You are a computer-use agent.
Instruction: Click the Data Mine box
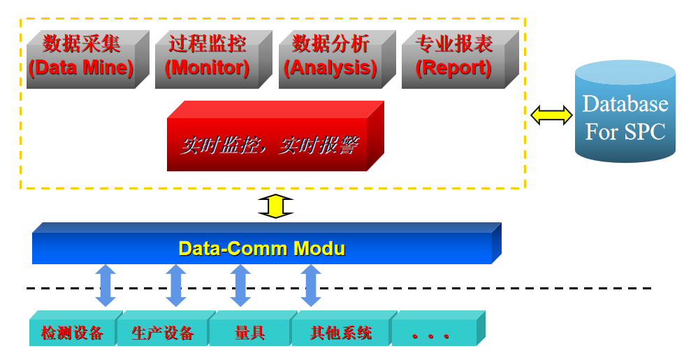(87, 59)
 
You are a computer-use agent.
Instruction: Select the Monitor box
(213, 59)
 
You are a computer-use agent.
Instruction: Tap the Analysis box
(337, 59)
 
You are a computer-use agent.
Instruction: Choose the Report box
(460, 59)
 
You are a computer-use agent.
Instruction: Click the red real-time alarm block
(275, 136)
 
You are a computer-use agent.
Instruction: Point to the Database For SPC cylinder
(625, 111)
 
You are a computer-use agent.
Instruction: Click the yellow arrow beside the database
(551, 115)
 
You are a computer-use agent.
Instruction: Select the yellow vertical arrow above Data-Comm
(275, 206)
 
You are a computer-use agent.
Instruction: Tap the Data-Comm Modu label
(262, 249)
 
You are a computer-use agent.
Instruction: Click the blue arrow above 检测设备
(106, 285)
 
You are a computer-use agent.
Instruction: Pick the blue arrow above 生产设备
(176, 285)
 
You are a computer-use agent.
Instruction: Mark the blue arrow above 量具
(240, 285)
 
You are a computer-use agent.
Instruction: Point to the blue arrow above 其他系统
(311, 285)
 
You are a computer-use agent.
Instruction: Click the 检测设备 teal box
(75, 329)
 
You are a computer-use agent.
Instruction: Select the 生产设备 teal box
(166, 329)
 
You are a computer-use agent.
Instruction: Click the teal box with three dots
(439, 329)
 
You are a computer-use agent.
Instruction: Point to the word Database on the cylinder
(625, 104)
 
